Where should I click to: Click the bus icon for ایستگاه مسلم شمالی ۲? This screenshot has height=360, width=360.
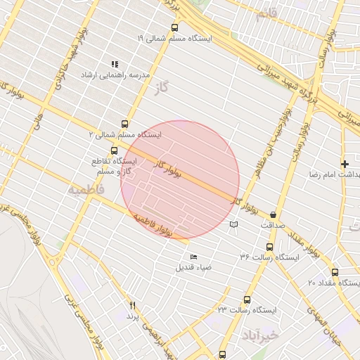[125, 124]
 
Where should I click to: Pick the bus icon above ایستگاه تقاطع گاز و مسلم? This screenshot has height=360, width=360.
[115, 150]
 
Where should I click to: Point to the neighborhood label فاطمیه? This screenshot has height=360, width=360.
[86, 190]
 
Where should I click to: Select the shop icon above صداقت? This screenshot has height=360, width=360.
[273, 214]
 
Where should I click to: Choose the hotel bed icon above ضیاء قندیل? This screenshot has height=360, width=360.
[194, 257]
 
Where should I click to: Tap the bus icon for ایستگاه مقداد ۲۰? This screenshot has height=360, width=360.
[335, 272]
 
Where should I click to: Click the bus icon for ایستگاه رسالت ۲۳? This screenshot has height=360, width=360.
[246, 300]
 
